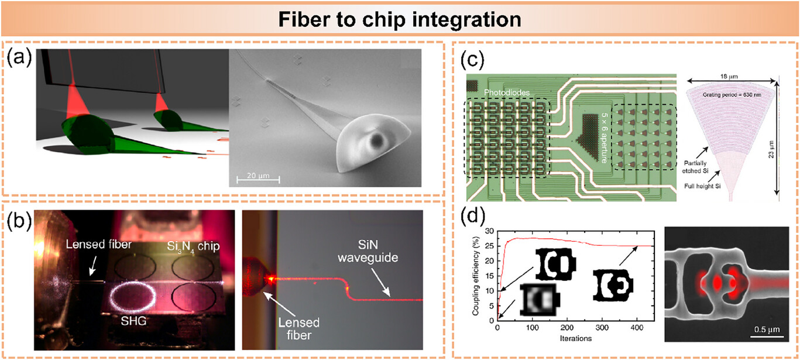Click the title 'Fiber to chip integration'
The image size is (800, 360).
400,19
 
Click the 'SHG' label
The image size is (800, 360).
133,321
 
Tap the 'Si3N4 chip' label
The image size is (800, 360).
193,246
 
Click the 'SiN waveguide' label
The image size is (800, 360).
368,251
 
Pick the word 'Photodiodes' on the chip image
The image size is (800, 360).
507,92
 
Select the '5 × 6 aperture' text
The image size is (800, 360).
603,138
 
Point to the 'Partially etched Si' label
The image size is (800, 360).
695,167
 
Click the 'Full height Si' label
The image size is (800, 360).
702,186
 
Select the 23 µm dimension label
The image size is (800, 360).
771,149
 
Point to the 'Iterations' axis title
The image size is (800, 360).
576,338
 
